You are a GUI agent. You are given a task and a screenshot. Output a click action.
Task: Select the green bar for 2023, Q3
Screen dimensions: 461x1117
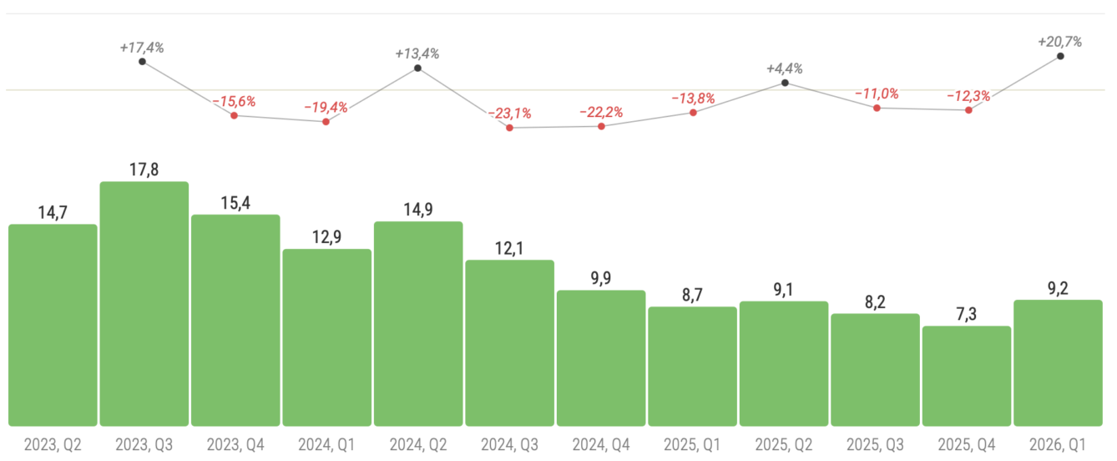[x=144, y=304]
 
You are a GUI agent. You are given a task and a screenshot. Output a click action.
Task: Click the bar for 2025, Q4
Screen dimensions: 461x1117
[x=967, y=376]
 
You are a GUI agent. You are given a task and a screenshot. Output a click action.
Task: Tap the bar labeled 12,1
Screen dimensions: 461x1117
[x=509, y=342]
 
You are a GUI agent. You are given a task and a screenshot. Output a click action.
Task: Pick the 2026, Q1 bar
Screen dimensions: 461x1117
[x=1058, y=362]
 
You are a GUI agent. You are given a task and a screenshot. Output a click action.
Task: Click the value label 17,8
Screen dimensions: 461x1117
[x=144, y=170]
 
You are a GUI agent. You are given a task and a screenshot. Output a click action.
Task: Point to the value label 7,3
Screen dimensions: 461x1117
[x=967, y=314]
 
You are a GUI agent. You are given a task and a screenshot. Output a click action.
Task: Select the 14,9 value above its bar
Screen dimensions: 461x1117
[x=418, y=210]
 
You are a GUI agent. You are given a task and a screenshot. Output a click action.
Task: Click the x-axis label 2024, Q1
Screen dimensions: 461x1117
[x=326, y=443]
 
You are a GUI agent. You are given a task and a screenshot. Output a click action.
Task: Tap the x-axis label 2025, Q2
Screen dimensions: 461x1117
[x=784, y=443]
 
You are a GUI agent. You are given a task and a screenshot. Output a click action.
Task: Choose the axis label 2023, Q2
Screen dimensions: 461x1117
[x=52, y=443]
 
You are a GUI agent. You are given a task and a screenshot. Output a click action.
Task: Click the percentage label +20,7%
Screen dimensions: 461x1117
[x=1059, y=41]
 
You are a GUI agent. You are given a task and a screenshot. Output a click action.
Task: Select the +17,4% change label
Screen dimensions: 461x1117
[x=143, y=48]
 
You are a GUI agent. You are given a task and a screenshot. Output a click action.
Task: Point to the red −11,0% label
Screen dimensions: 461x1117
[x=877, y=94]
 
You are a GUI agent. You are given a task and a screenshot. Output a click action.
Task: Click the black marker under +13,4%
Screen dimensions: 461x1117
[x=417, y=68]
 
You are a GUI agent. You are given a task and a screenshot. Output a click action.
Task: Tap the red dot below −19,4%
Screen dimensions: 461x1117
[x=326, y=122]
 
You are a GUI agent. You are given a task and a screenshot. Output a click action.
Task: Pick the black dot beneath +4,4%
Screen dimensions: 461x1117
[x=785, y=83]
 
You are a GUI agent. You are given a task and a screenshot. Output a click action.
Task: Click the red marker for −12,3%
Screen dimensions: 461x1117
[x=968, y=110]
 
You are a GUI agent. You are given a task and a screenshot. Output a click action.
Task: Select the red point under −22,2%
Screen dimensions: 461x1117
[x=602, y=126]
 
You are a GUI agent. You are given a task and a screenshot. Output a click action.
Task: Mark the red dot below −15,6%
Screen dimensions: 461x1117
[x=235, y=115]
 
